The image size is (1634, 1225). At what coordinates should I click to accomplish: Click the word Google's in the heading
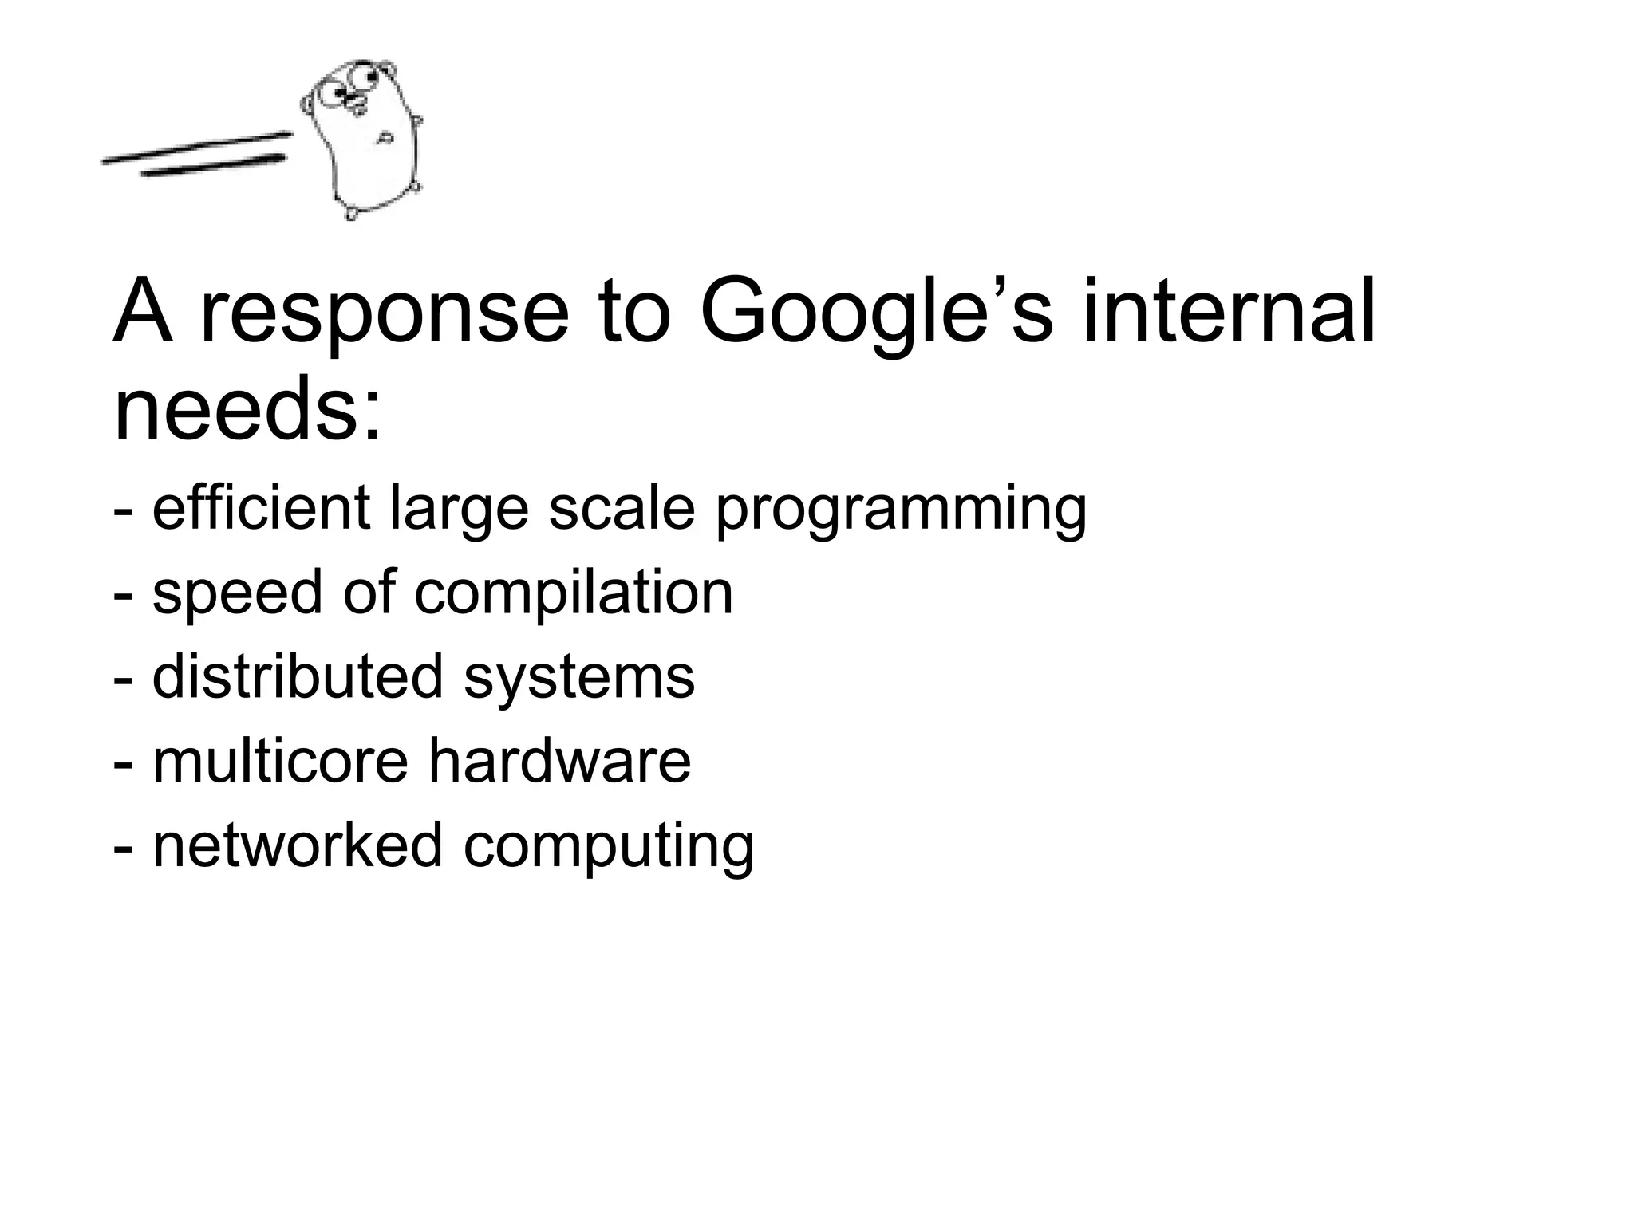877,313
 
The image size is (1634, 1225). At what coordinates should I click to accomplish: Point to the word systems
579,679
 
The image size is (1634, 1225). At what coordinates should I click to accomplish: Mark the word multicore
280,761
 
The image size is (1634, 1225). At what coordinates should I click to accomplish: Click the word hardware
559,761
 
